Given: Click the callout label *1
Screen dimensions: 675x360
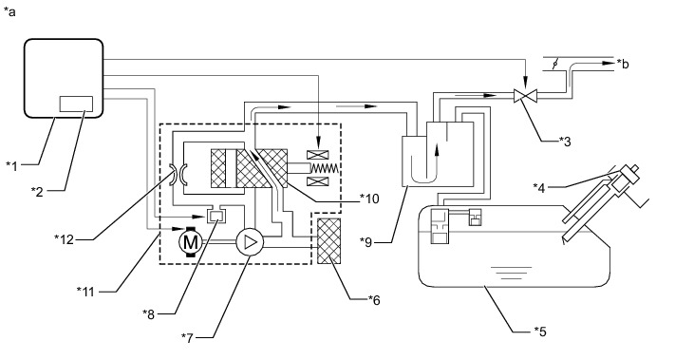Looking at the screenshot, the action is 12,166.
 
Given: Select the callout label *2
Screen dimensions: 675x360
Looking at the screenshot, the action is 37,192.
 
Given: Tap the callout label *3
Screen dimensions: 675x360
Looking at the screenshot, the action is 565,142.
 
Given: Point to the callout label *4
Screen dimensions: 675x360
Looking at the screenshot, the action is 539,188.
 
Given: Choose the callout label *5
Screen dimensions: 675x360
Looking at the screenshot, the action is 540,332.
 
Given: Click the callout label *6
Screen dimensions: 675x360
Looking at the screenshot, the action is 374,300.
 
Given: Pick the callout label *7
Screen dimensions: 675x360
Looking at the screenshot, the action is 188,338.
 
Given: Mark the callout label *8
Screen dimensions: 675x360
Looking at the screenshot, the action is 148,314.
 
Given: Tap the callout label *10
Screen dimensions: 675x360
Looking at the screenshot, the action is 370,199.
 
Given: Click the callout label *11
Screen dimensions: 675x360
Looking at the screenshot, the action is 85,292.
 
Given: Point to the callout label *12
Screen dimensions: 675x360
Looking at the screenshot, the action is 65,239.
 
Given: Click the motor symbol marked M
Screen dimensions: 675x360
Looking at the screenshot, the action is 190,242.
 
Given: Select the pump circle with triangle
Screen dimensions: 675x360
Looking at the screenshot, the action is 250,242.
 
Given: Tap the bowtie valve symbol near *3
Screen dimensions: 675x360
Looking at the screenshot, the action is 526,96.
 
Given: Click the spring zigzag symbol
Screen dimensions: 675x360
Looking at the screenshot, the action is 324,168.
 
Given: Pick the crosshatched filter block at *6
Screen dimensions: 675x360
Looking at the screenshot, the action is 328,241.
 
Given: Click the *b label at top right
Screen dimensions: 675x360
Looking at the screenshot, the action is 623,64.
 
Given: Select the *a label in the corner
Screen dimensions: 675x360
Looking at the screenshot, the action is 9,11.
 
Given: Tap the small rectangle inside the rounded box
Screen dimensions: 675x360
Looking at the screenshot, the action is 76,104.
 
